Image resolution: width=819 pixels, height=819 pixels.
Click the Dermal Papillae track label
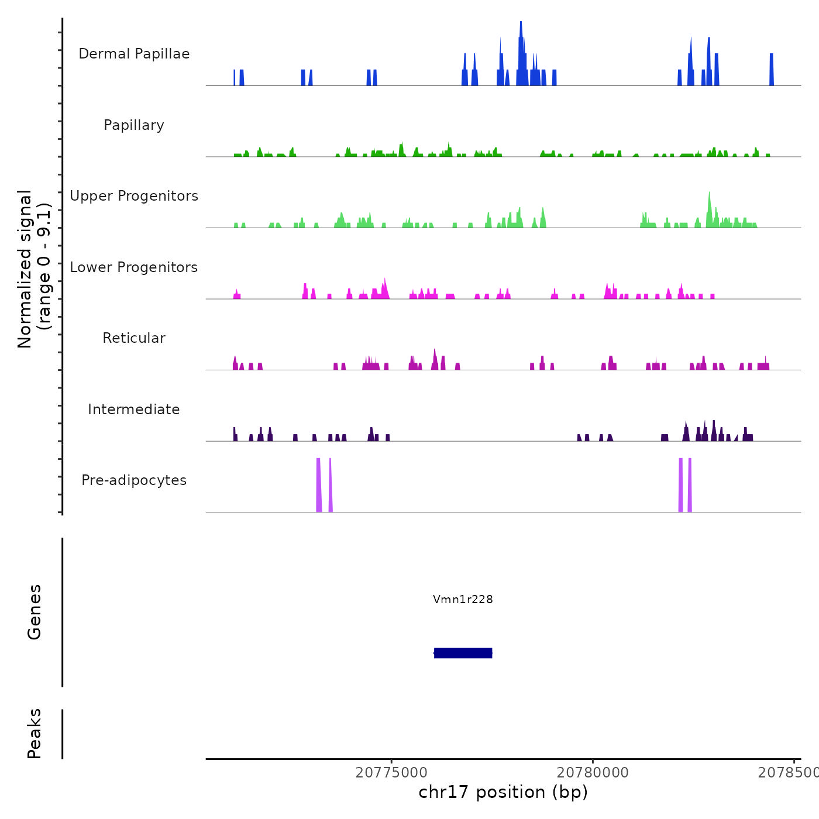click(x=134, y=54)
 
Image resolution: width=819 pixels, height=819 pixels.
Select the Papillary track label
click(x=134, y=125)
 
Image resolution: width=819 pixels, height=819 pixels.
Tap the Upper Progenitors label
click(x=134, y=196)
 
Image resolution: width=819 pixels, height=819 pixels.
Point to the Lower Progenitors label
click(x=134, y=267)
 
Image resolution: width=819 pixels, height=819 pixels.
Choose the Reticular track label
click(x=134, y=338)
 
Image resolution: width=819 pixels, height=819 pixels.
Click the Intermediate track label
click(x=134, y=409)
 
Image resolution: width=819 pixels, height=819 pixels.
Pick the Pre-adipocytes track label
click(x=134, y=480)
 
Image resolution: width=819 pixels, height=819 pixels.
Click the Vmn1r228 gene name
click(x=463, y=599)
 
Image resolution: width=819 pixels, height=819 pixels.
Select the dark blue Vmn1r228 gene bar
click(x=463, y=653)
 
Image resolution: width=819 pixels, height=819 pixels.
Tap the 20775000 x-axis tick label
click(x=391, y=773)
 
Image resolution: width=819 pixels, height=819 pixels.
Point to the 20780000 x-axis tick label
click(x=593, y=773)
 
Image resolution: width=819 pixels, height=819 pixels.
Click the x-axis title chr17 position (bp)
click(x=503, y=792)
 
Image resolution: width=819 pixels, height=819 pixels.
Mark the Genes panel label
click(x=35, y=612)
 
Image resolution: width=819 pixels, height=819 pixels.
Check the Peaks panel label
click(x=35, y=734)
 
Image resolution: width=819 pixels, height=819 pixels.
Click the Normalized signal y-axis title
click(x=34, y=269)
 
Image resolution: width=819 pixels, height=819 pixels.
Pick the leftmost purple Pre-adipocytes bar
click(x=319, y=486)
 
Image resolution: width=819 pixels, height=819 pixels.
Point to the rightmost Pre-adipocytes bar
click(x=690, y=486)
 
